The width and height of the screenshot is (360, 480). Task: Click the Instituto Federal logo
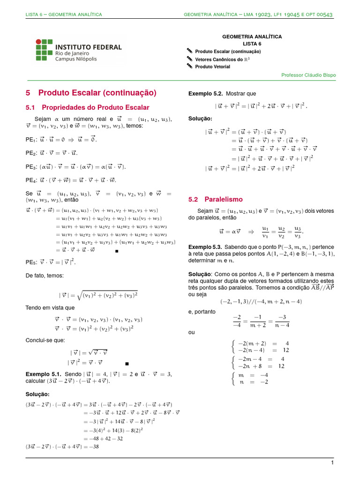(79, 50)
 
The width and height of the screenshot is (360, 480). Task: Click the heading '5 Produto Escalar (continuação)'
(91, 92)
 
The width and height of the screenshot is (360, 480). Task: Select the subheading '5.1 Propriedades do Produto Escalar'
(87, 107)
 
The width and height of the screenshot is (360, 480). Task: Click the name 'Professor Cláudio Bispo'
(308, 75)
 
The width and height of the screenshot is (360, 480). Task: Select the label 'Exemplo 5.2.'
(205, 93)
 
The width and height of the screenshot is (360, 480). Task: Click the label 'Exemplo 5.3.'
(205, 247)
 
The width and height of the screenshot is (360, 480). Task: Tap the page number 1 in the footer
(331, 463)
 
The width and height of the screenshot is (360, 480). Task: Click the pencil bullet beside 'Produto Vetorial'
(189, 67)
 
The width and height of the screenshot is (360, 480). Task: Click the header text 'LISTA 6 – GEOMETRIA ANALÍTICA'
(64, 15)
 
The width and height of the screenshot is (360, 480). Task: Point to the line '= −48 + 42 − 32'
(103, 438)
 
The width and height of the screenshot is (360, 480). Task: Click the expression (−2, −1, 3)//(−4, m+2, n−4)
(261, 301)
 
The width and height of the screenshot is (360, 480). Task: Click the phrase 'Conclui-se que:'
(45, 340)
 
